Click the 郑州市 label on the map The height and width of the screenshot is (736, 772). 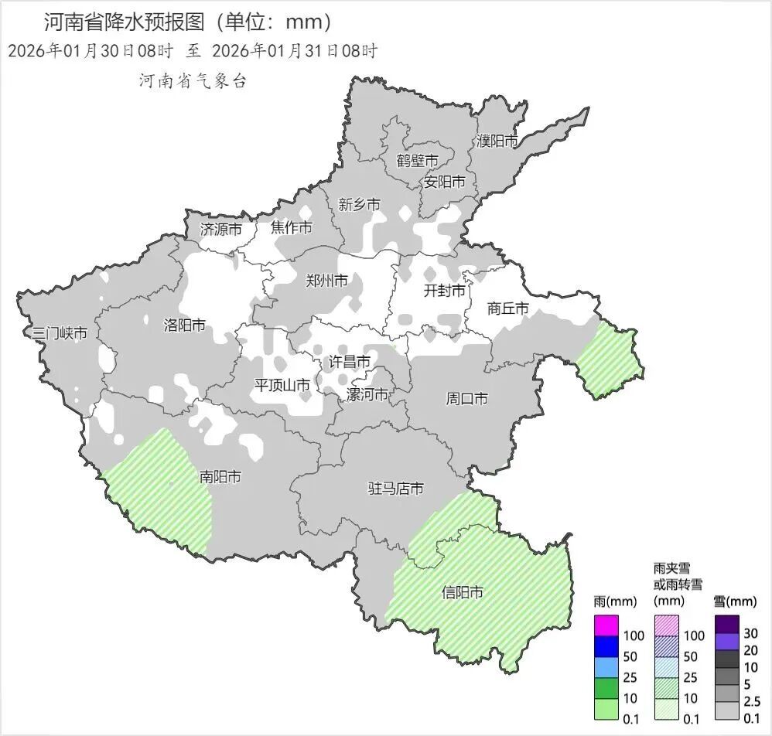pos(327,281)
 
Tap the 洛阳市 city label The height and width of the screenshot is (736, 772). pos(185,325)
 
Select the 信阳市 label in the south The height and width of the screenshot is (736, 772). pos(463,592)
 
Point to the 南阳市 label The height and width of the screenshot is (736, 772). pos(220,477)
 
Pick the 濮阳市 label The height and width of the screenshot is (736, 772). pos(497,141)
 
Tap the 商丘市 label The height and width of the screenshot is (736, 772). pos(508,308)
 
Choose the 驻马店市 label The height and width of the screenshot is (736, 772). pos(395,489)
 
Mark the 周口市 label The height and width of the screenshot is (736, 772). pos(467,399)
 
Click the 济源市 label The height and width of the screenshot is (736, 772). pos(221,229)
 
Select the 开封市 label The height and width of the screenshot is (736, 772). pos(445,291)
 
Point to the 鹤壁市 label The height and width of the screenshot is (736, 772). pos(418,161)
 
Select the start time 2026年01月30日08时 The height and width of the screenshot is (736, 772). pos(90,51)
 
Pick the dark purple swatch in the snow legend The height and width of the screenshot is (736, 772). pos(727,623)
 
